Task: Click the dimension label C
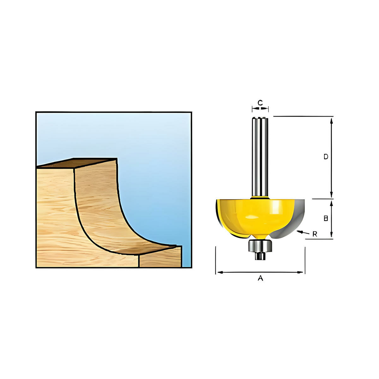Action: tap(260, 102)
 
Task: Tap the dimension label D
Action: tap(326, 157)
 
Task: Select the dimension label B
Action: tap(326, 218)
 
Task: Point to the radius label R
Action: tap(315, 234)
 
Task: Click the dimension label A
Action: tap(260, 278)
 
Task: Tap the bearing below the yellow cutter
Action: tap(260, 246)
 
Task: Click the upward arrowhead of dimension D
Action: tap(331, 120)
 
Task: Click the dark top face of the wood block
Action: tap(79, 163)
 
